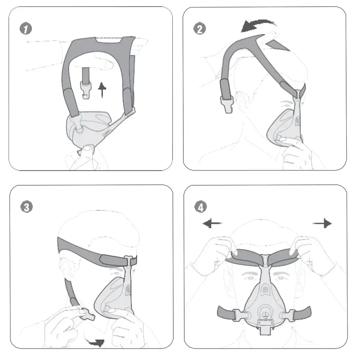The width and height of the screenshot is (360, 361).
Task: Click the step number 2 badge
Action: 200,29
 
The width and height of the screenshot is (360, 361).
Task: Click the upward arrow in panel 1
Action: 101,89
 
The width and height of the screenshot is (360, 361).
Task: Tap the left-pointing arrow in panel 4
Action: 212,224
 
